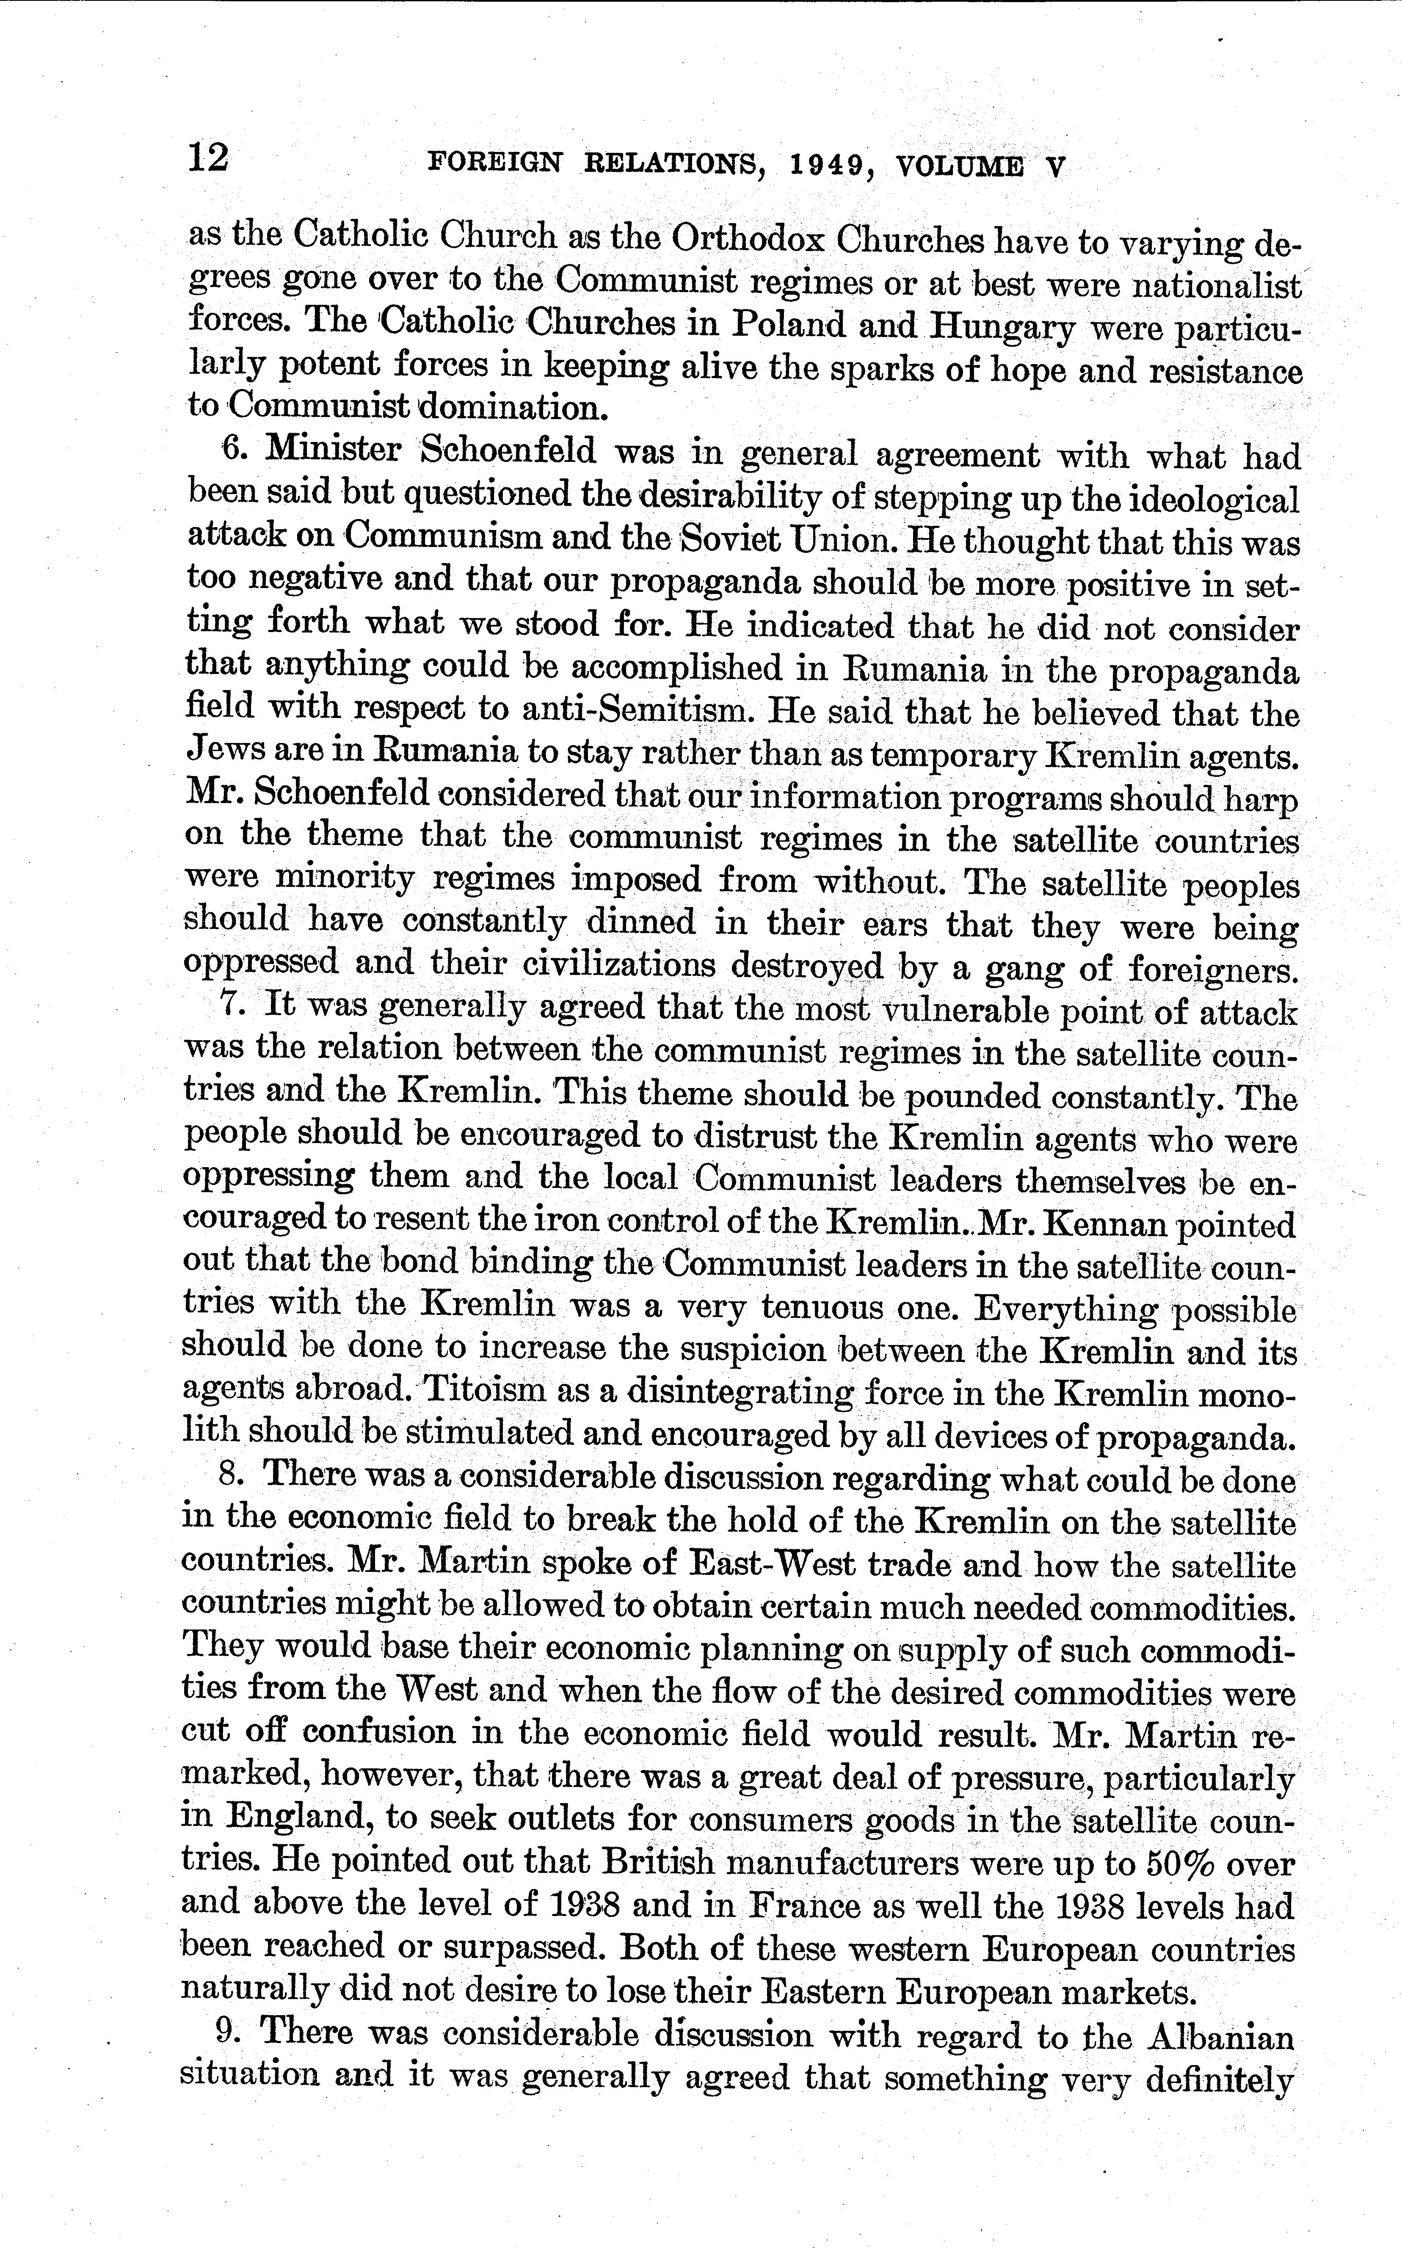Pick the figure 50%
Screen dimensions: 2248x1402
tap(1189, 1860)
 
